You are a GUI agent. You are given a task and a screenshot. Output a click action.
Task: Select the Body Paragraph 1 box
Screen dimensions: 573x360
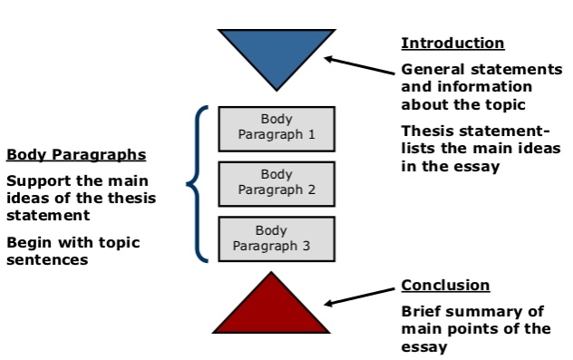(277, 129)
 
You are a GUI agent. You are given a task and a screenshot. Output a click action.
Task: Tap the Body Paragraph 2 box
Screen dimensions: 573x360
(277, 184)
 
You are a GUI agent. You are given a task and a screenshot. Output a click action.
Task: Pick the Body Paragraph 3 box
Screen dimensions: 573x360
(277, 239)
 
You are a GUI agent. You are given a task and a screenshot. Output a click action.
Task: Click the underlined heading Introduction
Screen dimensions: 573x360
(452, 44)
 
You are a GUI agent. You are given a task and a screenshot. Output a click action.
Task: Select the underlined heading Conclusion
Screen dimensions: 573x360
(445, 285)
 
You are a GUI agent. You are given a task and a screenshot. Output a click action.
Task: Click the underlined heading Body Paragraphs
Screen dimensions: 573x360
(76, 155)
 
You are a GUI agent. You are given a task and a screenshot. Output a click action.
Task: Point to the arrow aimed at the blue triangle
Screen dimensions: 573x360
(360, 65)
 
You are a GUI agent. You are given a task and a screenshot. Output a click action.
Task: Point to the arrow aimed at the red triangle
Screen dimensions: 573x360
(360, 297)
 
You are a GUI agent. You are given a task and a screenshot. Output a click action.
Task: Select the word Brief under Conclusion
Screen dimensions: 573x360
(419, 311)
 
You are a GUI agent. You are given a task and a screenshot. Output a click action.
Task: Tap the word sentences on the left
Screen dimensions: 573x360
(47, 260)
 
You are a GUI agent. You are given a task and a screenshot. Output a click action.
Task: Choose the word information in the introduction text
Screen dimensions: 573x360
(484, 87)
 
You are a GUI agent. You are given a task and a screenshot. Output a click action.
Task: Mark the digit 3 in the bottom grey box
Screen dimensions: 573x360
(306, 246)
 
